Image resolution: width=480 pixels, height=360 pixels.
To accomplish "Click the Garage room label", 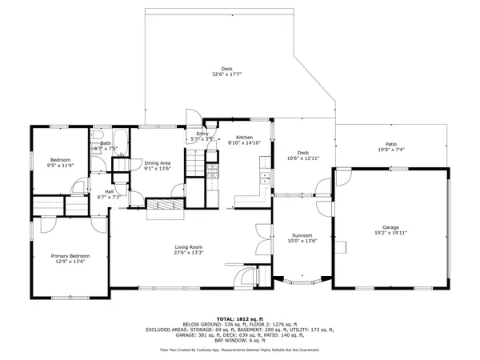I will (x=390, y=227).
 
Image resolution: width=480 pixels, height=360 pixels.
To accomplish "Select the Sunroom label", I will (x=302, y=235).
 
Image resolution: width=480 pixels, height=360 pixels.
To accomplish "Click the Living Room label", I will (x=189, y=247).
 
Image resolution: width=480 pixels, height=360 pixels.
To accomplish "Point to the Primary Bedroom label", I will (x=70, y=256).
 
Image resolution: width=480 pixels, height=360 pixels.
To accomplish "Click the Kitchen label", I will (x=239, y=138).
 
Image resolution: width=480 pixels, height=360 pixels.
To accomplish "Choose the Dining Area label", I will (x=158, y=162).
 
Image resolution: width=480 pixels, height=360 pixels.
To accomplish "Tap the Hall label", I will (x=108, y=191).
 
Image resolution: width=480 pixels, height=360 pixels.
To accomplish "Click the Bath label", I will (x=106, y=143).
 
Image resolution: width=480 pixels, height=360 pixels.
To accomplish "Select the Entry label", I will (x=202, y=134).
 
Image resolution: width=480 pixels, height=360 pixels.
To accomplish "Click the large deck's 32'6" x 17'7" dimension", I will (x=228, y=75).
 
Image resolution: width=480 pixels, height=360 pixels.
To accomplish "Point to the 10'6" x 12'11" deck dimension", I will (x=303, y=158).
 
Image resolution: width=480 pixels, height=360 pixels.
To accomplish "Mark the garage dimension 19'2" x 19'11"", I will (x=390, y=233).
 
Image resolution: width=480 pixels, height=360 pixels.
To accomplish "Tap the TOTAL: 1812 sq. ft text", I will (x=239, y=318).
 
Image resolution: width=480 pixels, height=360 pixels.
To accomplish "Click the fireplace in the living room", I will (x=166, y=207).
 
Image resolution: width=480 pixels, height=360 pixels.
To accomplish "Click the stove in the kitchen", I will (x=213, y=170).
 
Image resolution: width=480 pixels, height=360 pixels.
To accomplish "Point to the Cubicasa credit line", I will (x=239, y=350).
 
